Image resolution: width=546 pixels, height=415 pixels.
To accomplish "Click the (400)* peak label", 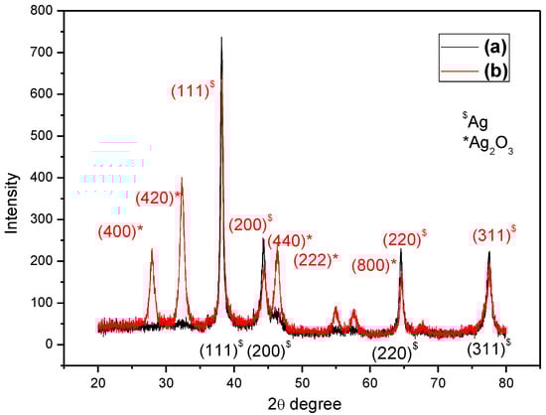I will coord(120,231).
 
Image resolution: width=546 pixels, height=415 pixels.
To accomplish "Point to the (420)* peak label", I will coord(159,197).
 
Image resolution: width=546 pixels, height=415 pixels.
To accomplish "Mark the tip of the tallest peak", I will coord(221,38).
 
